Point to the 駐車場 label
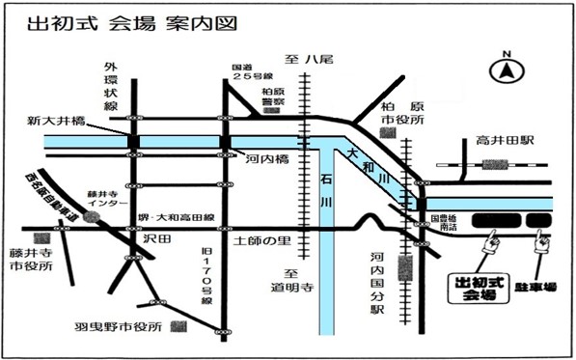pos(542,287)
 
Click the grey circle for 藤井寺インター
pos(90,217)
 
